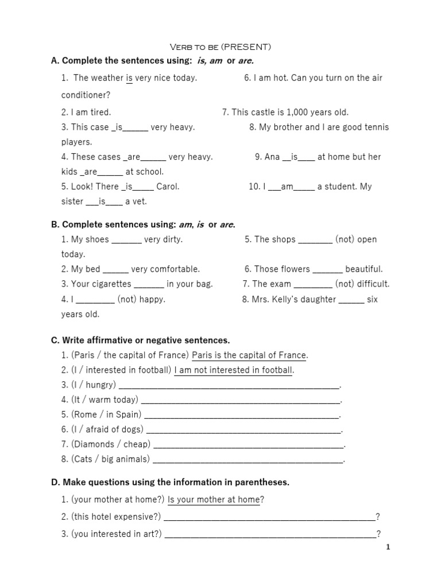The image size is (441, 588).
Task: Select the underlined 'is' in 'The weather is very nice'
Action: [129, 78]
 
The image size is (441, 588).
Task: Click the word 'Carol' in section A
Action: [167, 187]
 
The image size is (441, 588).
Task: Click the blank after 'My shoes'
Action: [126, 240]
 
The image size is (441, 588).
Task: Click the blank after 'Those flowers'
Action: [328, 269]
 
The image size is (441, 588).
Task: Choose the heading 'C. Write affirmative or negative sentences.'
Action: [140, 341]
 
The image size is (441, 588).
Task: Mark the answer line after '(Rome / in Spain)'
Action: [242, 415]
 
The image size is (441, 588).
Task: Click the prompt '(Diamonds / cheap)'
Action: [110, 444]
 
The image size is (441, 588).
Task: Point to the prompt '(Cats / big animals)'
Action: [110, 459]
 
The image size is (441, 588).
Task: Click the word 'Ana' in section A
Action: [272, 157]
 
